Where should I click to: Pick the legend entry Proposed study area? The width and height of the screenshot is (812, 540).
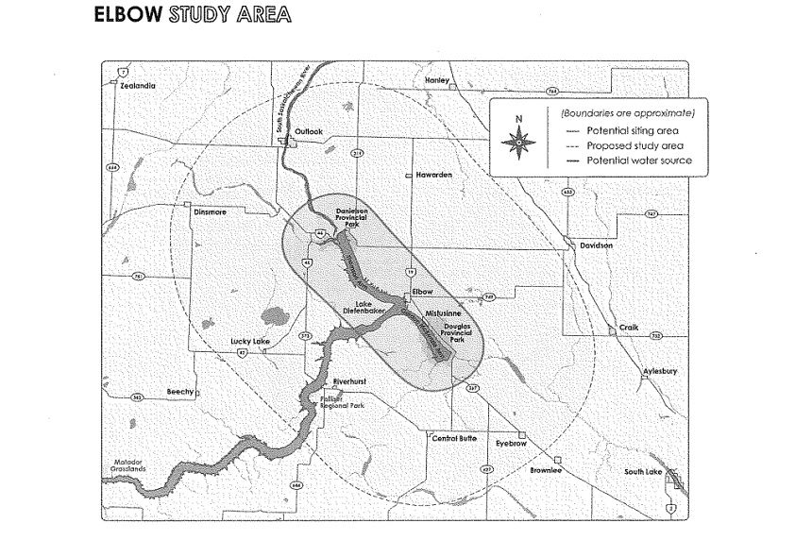tap(634, 145)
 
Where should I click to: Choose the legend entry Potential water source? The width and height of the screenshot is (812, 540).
tap(639, 161)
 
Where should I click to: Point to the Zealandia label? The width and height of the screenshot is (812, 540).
tap(138, 85)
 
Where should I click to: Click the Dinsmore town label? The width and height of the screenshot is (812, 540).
tap(211, 212)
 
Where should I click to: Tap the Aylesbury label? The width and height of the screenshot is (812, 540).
tap(660, 372)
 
